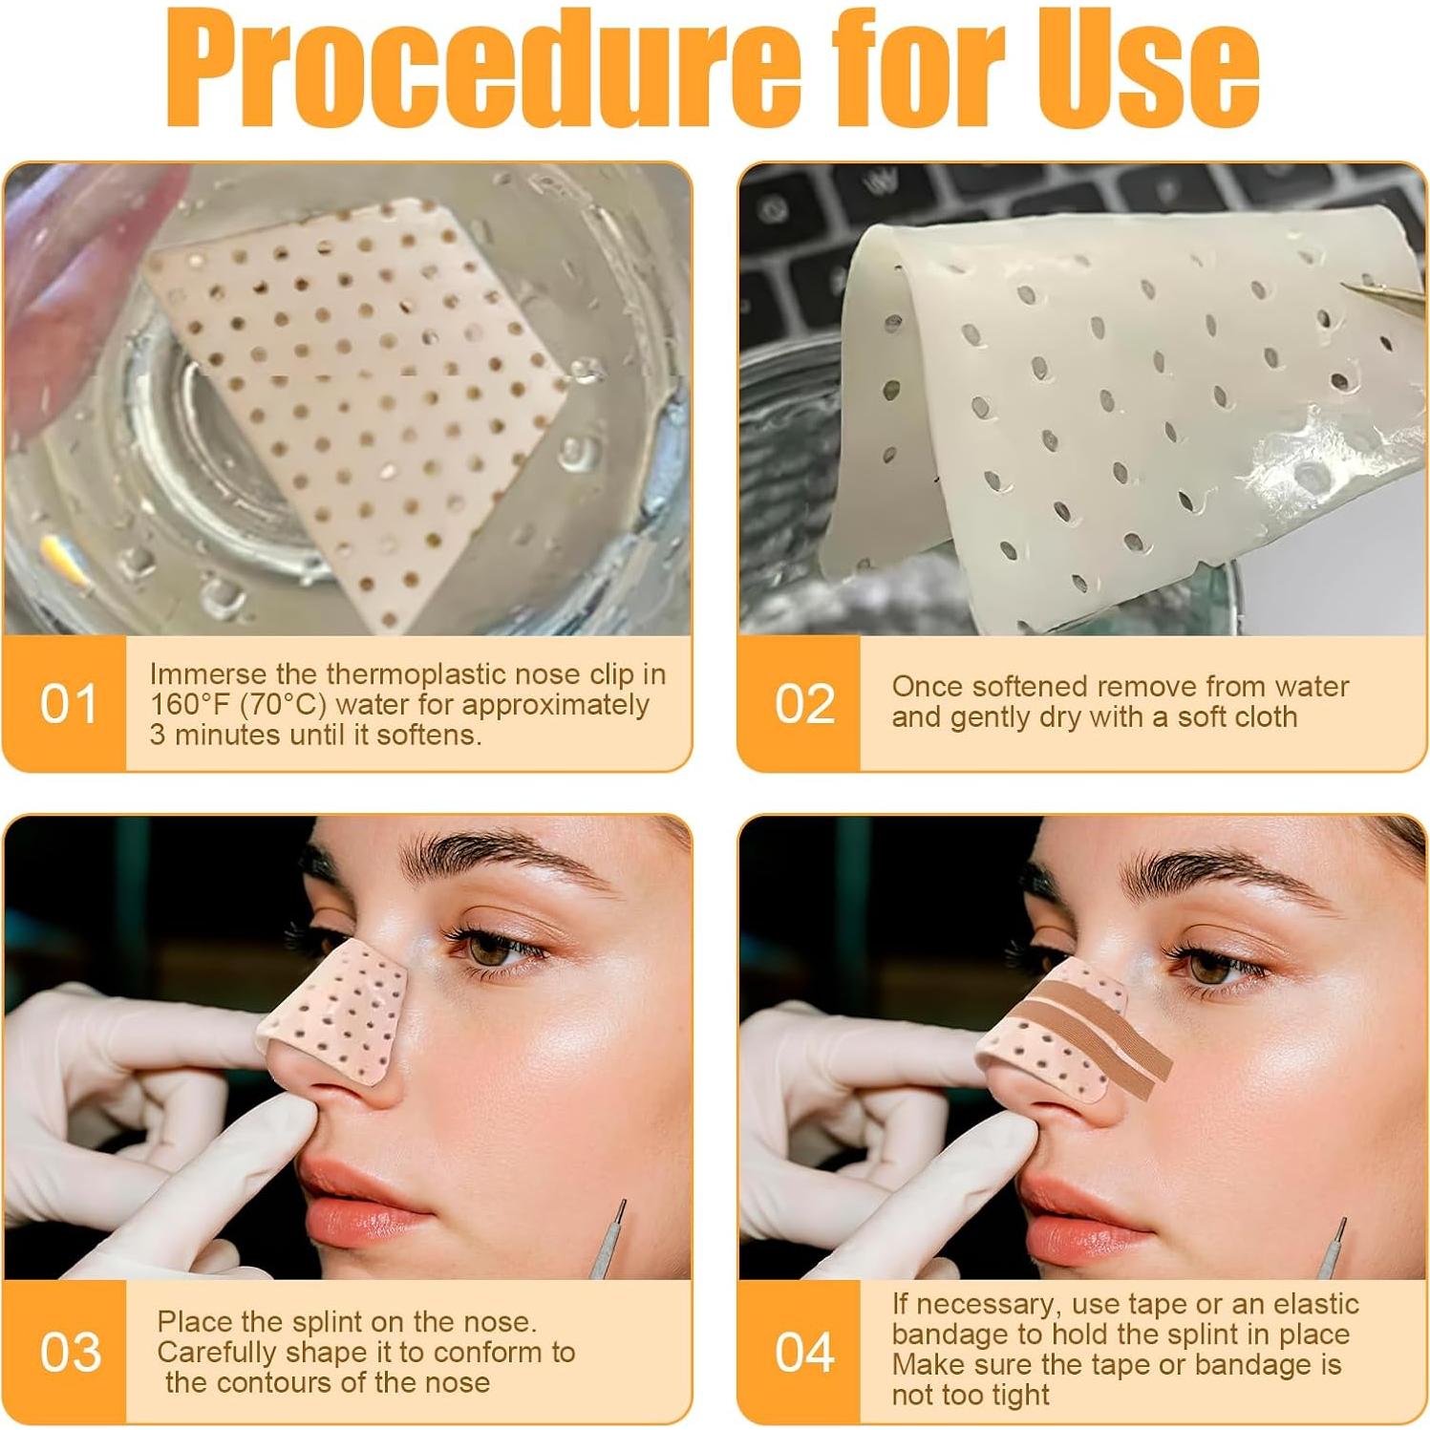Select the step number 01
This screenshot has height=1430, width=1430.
69,704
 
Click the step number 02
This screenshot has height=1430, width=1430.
803,704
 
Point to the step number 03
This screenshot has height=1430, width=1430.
70,1353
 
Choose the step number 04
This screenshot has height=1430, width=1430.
804,1353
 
